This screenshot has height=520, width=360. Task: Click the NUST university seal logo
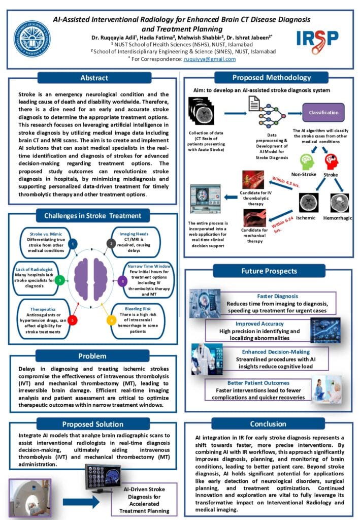point(31,38)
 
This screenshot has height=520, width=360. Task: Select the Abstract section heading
point(94,78)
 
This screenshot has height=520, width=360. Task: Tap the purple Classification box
point(323,112)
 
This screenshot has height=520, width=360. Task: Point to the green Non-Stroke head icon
point(308,162)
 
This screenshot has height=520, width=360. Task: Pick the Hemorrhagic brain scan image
point(340,203)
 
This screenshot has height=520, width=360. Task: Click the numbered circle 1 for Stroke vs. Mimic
point(73,244)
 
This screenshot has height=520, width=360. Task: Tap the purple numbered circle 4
point(122,280)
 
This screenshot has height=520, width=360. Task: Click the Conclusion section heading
point(268,424)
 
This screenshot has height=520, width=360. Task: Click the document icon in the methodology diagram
point(254,105)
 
